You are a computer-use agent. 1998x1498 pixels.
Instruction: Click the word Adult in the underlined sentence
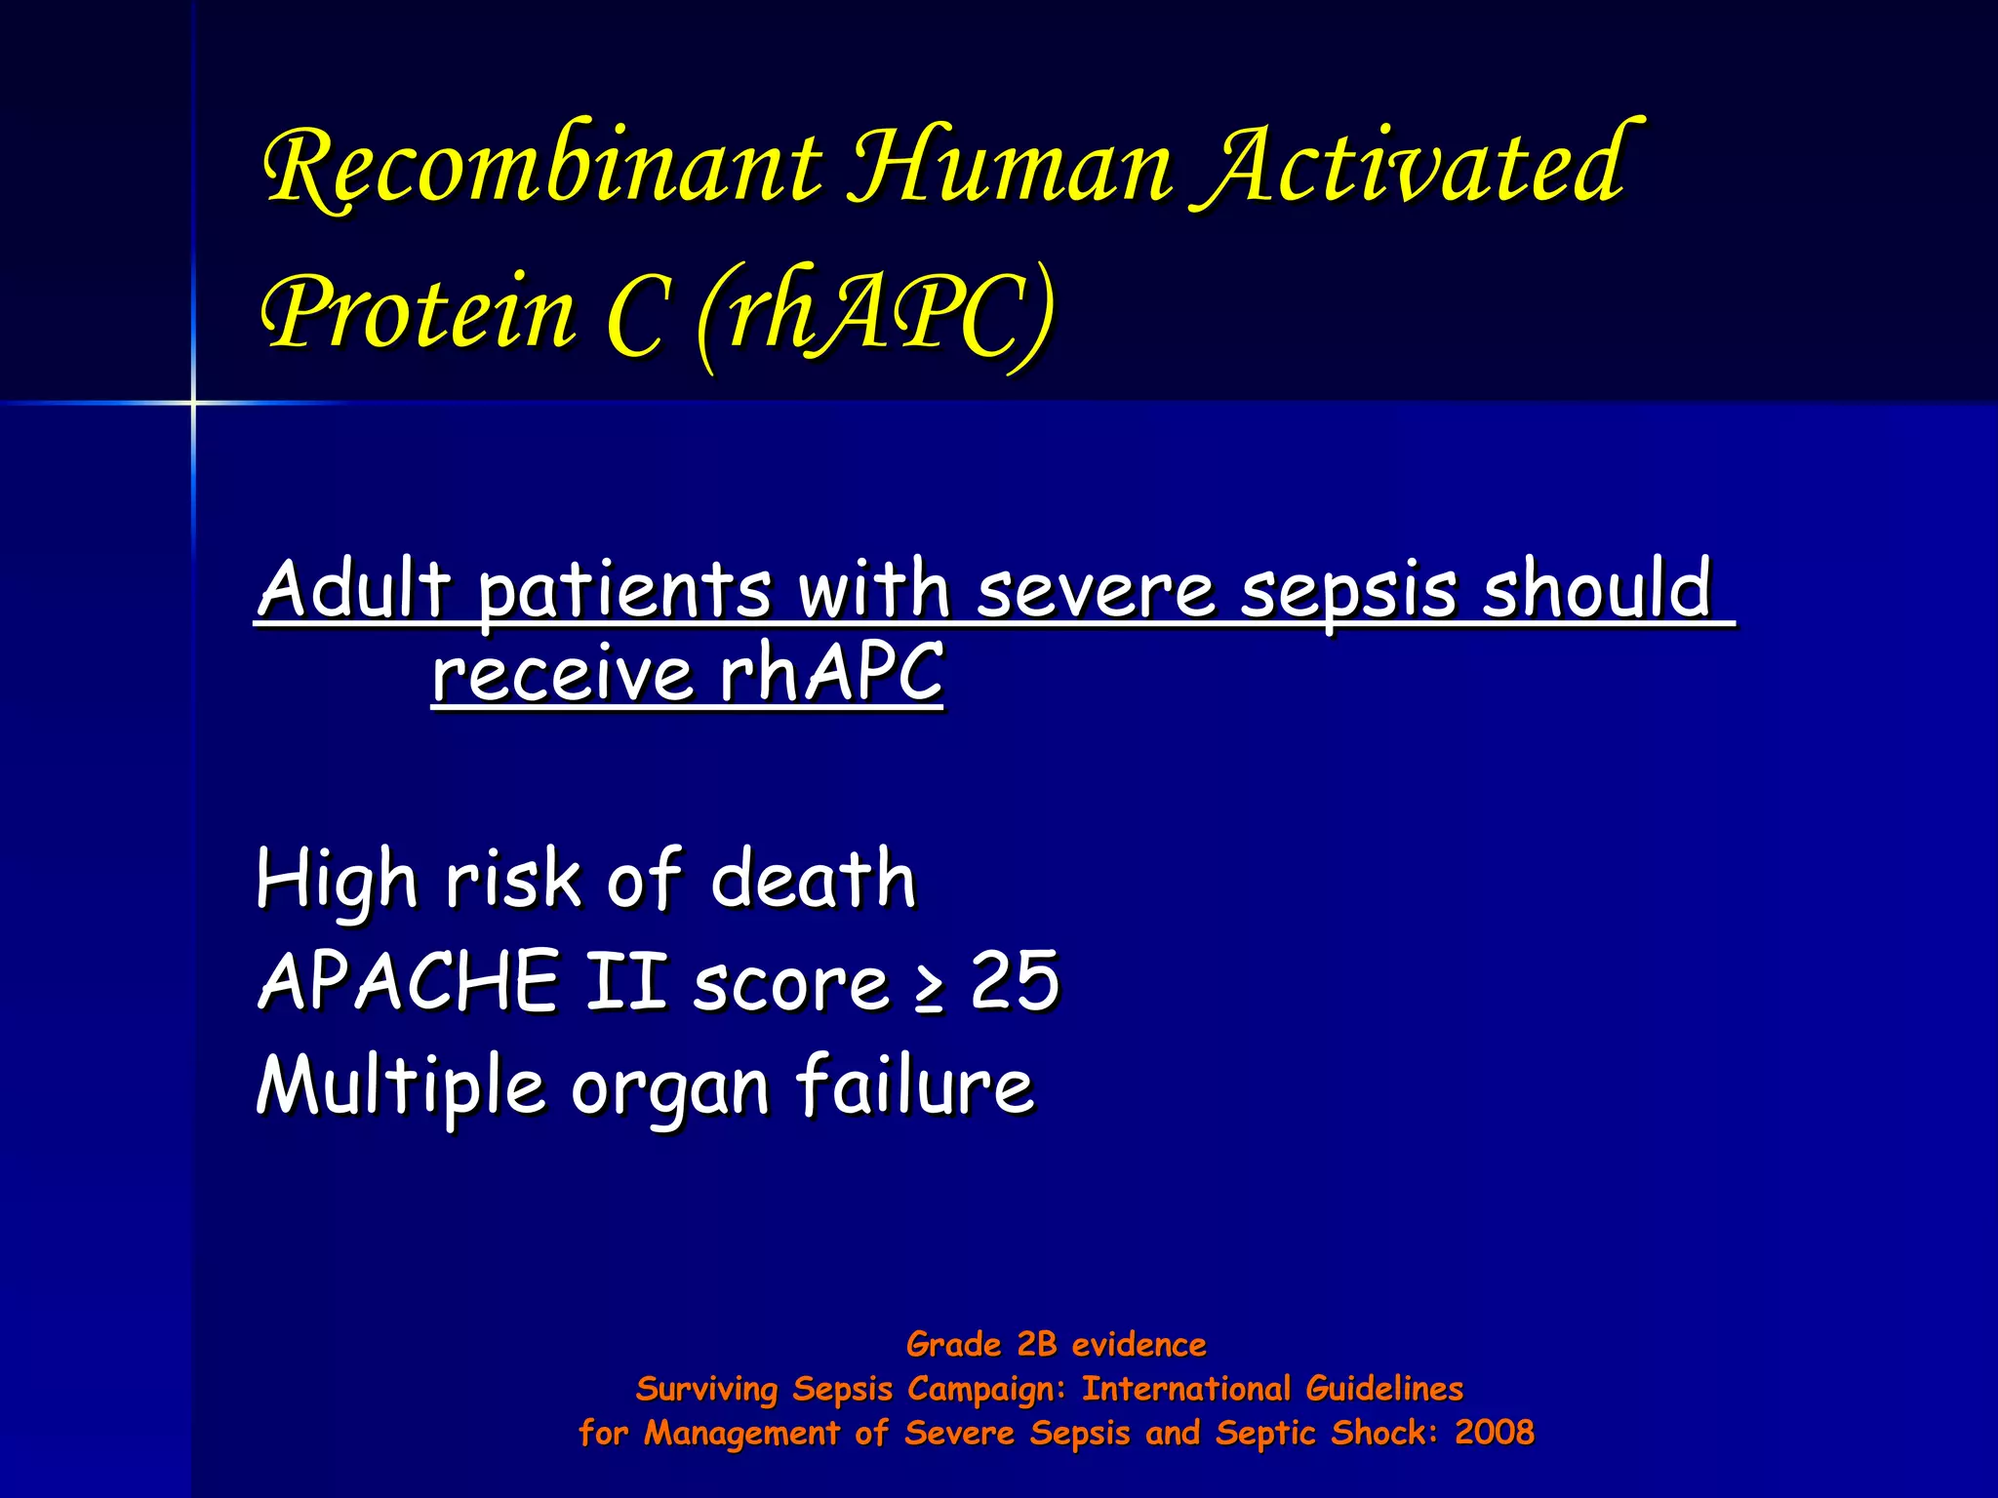(x=355, y=589)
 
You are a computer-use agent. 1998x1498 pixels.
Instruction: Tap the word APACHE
(x=409, y=981)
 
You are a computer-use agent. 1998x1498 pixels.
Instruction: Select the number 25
(x=1015, y=981)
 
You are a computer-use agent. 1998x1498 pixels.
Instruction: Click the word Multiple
(x=400, y=1086)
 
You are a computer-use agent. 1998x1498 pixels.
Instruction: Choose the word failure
(x=914, y=1084)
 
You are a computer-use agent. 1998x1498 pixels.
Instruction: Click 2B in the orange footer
(x=1036, y=1345)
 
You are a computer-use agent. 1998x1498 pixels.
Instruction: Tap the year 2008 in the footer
(x=1495, y=1433)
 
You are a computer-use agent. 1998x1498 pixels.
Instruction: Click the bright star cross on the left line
(x=193, y=402)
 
